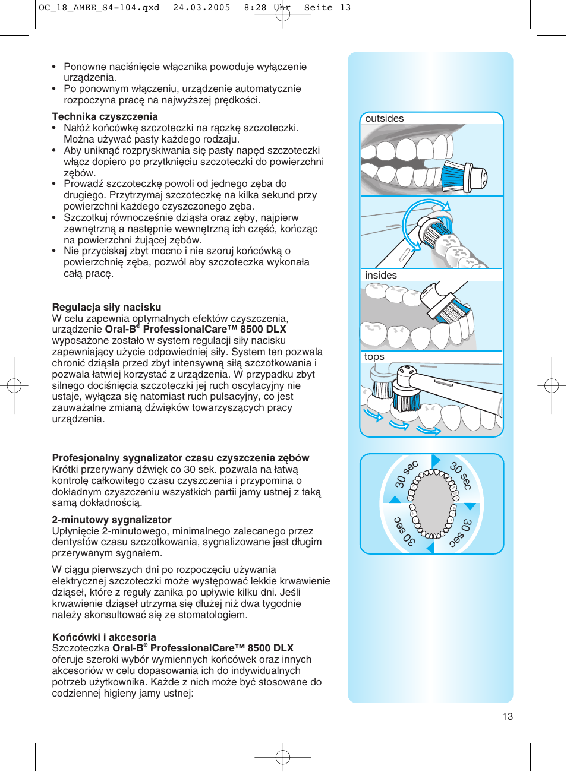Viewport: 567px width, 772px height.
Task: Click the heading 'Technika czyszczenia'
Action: (105, 116)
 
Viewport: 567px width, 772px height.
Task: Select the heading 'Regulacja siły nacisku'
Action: (106, 307)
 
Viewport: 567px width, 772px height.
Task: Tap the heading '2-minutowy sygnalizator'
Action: (112, 520)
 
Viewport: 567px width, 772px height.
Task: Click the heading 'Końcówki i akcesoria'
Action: (104, 637)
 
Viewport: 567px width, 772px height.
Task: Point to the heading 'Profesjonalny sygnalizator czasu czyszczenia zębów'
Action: (180, 458)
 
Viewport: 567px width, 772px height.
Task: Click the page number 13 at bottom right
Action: (507, 716)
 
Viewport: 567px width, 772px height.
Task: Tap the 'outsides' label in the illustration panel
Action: (384, 119)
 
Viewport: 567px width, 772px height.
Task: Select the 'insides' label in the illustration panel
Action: (380, 276)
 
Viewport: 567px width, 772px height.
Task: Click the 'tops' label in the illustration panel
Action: (374, 357)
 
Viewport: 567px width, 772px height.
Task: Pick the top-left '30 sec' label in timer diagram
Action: (407, 474)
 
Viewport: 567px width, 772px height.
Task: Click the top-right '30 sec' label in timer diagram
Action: (461, 476)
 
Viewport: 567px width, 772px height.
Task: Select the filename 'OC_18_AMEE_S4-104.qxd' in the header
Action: (99, 8)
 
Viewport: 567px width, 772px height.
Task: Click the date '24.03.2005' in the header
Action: (201, 8)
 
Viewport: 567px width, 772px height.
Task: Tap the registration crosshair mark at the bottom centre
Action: (283, 757)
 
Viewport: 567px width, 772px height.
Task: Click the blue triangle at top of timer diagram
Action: (436, 461)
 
